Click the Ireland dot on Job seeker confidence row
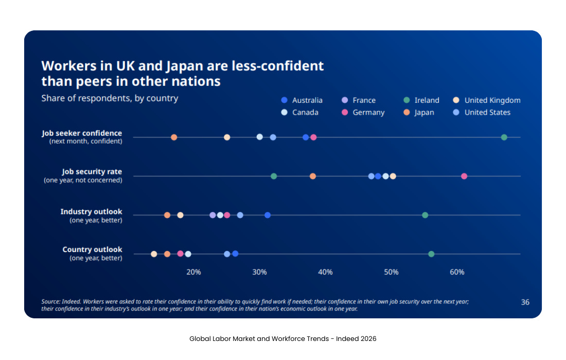coord(504,137)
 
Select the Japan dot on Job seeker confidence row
coord(174,137)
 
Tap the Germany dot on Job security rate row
coord(464,176)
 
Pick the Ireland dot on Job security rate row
coord(274,176)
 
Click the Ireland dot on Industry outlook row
coord(425,215)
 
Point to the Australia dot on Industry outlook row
coord(268,215)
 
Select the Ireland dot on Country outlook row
coord(431,254)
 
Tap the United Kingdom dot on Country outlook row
coord(154,254)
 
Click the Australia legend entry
coord(302,100)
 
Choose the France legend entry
coord(359,100)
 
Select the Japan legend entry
coord(419,113)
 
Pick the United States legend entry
coord(482,113)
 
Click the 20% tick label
coord(193,272)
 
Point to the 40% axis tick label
coord(325,272)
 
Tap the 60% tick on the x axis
coord(457,272)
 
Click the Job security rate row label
coord(92,172)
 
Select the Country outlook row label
coord(93,250)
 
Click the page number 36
coord(525,302)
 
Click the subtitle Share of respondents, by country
coord(110,98)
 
